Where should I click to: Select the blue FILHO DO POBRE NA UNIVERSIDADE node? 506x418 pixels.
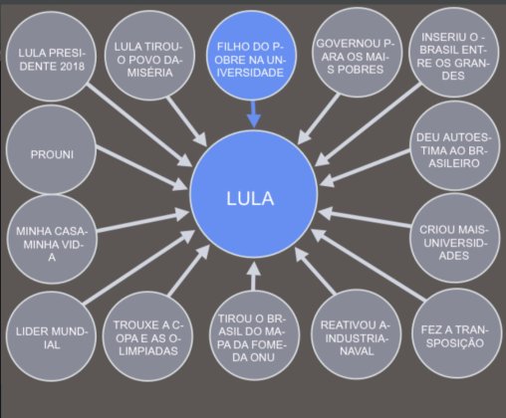253,59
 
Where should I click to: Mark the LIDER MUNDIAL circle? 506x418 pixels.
52,336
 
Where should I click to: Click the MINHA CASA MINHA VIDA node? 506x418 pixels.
52,242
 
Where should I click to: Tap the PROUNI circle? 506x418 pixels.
52,155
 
